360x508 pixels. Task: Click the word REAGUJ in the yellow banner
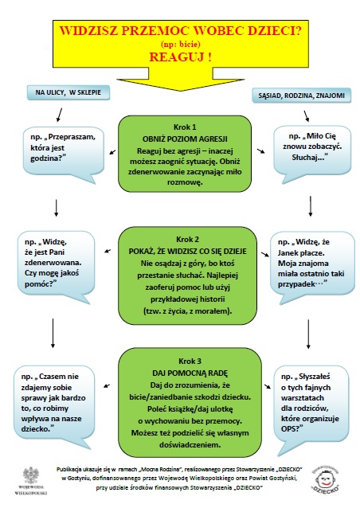[x=177, y=57]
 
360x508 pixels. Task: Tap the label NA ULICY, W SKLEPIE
[x=68, y=92]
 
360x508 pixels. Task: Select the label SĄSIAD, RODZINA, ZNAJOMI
[x=301, y=96]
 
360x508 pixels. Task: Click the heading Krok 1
[x=185, y=127]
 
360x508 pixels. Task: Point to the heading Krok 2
[x=187, y=240]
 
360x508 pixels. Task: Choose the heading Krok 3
[x=190, y=361]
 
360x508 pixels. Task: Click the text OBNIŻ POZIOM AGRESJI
[x=185, y=139]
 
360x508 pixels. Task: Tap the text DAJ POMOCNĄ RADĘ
[x=190, y=373]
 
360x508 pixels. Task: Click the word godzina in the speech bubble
[x=45, y=158]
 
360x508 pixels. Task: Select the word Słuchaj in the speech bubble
[x=306, y=158]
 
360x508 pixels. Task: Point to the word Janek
[x=288, y=252]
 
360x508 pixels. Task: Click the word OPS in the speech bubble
[x=288, y=429]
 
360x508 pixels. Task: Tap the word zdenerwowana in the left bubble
[x=53, y=263]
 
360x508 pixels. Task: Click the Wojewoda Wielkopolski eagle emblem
[x=31, y=475]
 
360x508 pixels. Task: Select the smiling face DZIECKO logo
[x=326, y=479]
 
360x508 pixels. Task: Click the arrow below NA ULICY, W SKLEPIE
[x=59, y=115]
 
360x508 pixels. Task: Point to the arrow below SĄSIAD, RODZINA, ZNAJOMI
[x=307, y=115]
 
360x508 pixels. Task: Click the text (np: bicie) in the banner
[x=181, y=44]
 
